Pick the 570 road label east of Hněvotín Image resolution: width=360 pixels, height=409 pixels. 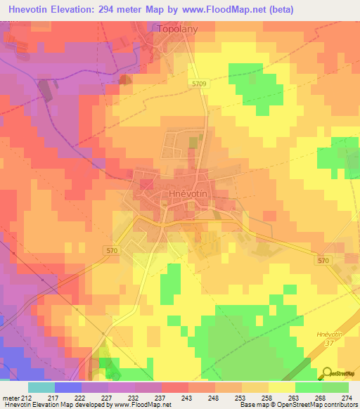pyautogui.click(x=323, y=261)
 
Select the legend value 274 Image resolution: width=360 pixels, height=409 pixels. pyautogui.click(x=346, y=398)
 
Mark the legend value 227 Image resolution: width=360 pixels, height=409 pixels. pyautogui.click(x=108, y=398)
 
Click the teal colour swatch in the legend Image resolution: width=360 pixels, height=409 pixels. pyautogui.click(x=41, y=387)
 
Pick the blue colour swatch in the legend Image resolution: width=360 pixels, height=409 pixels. pyautogui.click(x=68, y=387)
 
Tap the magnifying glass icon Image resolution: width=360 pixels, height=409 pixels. pyautogui.click(x=328, y=372)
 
